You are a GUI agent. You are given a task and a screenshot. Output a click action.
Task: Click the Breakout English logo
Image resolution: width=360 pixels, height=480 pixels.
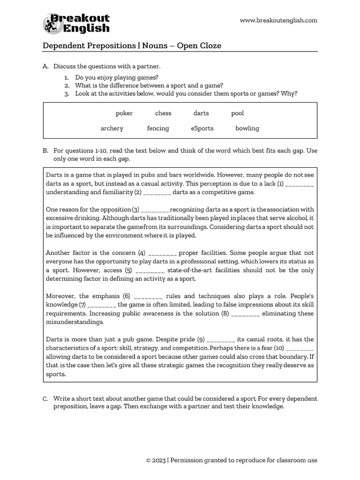click(x=77, y=23)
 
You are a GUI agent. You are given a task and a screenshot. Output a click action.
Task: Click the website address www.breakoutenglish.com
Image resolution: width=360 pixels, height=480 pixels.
click(x=278, y=20)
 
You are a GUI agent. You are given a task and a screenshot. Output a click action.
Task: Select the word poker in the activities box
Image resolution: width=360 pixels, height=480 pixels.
click(x=124, y=113)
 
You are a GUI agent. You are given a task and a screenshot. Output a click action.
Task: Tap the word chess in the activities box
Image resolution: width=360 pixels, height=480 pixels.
click(x=163, y=113)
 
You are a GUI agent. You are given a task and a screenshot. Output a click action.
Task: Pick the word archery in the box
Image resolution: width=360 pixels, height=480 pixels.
click(x=112, y=128)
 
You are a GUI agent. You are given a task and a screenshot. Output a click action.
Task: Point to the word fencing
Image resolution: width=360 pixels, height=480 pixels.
click(x=158, y=128)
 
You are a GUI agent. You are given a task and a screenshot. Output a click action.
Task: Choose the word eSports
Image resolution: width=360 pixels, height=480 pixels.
click(x=202, y=128)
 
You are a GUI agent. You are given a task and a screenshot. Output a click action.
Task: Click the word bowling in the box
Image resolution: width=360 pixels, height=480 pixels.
click(x=247, y=128)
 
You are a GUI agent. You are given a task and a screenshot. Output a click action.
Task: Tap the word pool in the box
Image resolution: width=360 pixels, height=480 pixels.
click(x=237, y=113)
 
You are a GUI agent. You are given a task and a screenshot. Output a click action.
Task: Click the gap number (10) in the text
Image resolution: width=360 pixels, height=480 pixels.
click(x=277, y=348)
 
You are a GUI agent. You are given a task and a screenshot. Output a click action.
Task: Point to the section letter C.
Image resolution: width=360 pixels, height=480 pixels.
click(x=45, y=399)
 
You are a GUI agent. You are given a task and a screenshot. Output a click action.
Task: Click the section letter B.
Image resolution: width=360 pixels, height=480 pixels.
click(x=45, y=151)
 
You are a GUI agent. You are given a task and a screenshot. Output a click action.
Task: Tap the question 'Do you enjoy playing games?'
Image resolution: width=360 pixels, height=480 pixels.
click(x=117, y=77)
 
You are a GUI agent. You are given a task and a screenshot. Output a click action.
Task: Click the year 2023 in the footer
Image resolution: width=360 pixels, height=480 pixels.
click(x=158, y=460)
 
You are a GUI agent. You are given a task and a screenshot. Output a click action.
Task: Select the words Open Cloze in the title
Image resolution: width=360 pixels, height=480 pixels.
click(x=199, y=45)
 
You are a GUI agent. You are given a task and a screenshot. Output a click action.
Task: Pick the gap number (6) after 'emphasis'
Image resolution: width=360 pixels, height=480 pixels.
click(x=127, y=296)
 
